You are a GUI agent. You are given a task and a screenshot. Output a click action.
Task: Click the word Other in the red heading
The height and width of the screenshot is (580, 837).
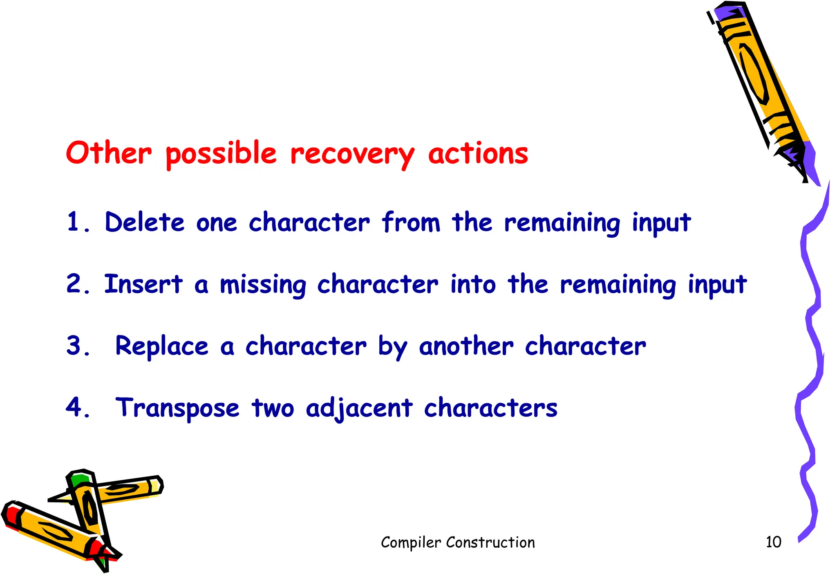108,153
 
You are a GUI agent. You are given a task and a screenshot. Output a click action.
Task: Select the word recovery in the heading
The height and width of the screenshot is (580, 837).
352,155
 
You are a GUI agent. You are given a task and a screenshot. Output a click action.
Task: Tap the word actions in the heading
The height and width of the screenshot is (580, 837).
478,154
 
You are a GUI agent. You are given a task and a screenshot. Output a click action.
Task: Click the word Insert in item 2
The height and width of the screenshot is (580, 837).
143,284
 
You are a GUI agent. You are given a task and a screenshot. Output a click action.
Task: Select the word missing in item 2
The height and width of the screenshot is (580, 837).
263,285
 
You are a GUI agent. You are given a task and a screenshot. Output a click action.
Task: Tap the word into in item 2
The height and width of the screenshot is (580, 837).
473,284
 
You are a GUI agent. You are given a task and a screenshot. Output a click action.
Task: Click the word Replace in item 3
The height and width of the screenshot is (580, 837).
162,347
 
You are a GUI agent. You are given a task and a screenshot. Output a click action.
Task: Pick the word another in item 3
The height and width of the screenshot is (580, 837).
466,346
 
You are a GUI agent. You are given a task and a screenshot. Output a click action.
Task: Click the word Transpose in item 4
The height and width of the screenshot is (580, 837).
177,408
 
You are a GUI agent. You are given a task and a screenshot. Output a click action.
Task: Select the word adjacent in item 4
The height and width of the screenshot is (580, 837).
359,408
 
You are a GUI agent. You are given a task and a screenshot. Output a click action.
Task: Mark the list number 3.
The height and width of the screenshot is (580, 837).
78,346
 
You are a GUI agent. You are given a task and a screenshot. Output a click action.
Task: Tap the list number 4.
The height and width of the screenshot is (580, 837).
78,408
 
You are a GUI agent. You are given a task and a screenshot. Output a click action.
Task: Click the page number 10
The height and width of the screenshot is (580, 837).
773,542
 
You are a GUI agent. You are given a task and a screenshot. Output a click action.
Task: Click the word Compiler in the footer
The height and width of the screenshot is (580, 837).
411,543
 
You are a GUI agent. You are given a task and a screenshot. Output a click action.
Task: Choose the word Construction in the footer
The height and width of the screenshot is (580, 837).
490,542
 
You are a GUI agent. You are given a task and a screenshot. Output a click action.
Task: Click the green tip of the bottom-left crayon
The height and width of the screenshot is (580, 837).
78,479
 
